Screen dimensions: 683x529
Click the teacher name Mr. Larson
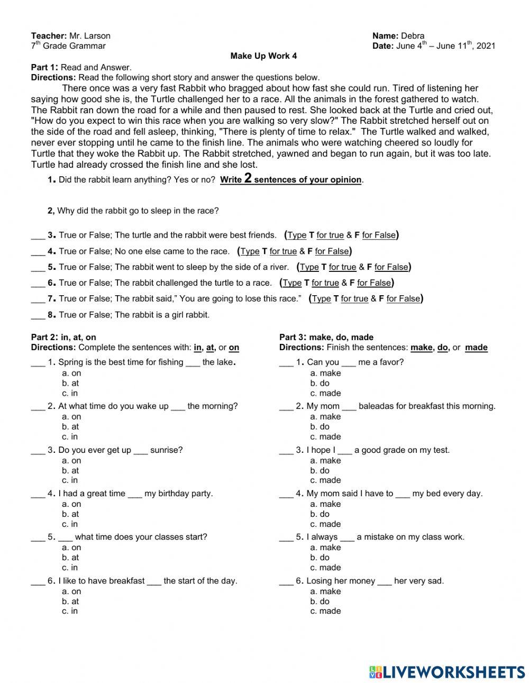click(89, 36)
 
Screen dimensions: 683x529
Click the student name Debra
click(412, 36)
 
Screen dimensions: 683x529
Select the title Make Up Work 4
click(263, 56)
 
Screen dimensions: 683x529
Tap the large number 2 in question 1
click(248, 178)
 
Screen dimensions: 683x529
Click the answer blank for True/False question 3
click(37, 236)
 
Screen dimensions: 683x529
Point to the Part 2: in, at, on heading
click(63, 337)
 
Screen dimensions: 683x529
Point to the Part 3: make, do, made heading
click(326, 337)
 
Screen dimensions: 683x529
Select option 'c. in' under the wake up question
click(70, 436)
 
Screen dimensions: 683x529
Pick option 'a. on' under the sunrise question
click(71, 460)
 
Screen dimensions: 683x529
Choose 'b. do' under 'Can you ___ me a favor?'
click(320, 383)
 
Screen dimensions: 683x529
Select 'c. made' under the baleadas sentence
click(325, 436)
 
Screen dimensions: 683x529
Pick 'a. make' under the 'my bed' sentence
click(325, 504)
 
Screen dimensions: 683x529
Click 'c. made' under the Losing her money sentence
click(325, 611)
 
